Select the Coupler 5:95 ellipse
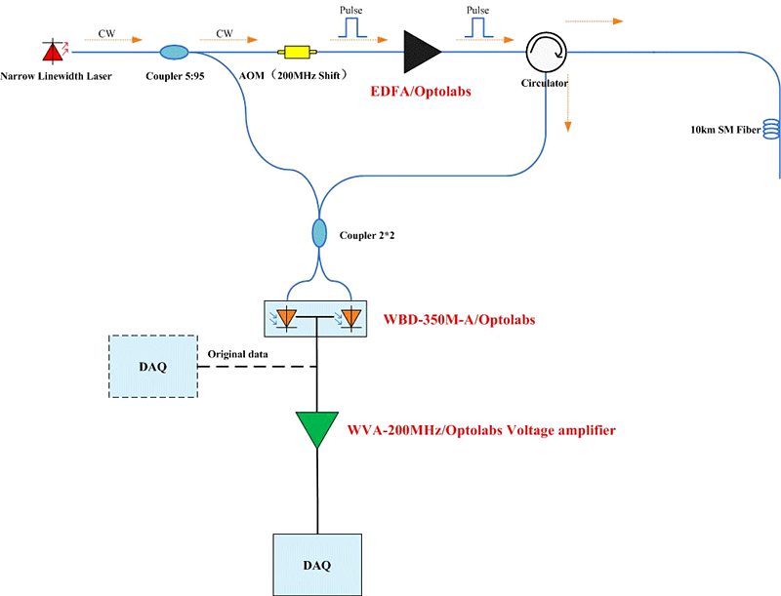[x=175, y=51]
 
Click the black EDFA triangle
[x=421, y=50]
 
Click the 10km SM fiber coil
[x=771, y=128]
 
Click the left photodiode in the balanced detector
[x=288, y=316]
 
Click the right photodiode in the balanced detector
[x=350, y=316]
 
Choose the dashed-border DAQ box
[x=153, y=367]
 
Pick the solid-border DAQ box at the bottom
[x=317, y=563]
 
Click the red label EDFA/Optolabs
[x=422, y=92]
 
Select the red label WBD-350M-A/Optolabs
[x=468, y=318]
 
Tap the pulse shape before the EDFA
[x=351, y=28]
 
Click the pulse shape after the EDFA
[x=477, y=28]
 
